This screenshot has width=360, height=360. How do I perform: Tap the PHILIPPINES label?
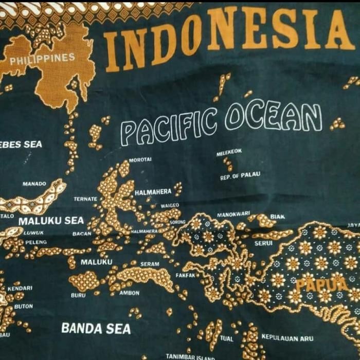42,59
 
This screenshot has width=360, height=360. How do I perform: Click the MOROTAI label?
140,160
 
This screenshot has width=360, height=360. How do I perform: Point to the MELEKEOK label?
229,152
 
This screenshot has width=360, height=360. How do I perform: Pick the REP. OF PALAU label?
240,176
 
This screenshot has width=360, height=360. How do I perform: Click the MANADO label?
34,184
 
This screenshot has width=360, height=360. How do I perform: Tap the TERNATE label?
85,199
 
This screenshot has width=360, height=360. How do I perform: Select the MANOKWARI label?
233,214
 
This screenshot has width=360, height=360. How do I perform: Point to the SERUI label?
263,243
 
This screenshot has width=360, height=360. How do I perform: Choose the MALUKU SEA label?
51,221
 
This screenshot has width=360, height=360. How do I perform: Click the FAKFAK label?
185,275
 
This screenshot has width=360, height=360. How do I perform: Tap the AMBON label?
129,293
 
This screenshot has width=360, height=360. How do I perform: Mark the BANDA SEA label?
96,328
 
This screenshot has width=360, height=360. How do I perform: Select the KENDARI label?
20,289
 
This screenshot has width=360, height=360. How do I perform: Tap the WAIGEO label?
170,205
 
